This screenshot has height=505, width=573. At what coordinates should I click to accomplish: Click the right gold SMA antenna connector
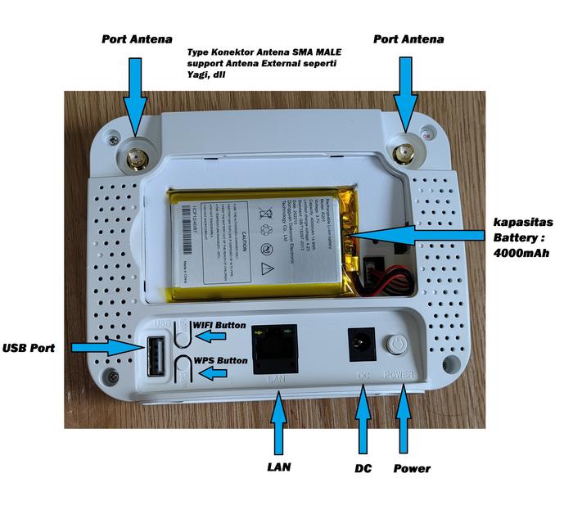pos(404,152)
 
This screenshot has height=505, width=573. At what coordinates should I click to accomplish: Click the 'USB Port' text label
pos(29,348)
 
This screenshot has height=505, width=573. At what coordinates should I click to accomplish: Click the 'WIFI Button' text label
pos(219,325)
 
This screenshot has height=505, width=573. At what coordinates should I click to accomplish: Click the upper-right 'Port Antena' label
pos(408,38)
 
